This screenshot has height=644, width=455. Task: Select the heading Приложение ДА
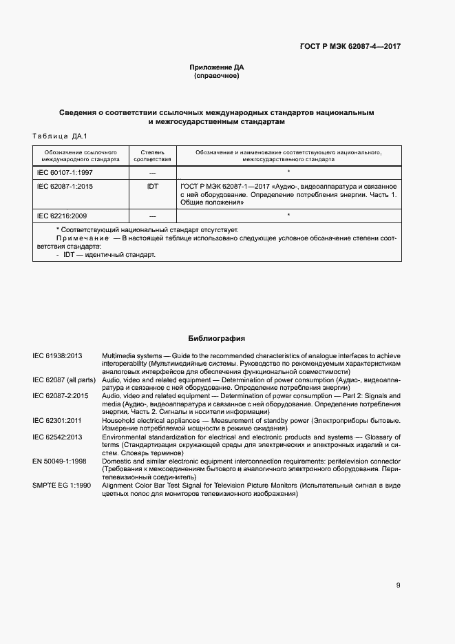(217, 67)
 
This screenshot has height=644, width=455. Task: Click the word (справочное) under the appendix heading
(217, 76)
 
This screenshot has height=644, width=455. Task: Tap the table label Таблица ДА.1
(60, 136)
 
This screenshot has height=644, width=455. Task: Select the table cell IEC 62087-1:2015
(65, 186)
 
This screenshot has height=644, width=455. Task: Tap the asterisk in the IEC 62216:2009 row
(288, 216)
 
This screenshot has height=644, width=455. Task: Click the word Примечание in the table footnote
(78, 238)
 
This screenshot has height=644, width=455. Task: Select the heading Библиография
(217, 338)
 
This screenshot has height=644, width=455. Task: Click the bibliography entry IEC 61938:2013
(58, 355)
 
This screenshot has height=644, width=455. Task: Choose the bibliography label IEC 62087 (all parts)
(64, 380)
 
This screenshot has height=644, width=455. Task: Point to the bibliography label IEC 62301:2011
(58, 420)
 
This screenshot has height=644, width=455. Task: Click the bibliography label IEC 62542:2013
(58, 437)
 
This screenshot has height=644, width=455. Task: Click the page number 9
(398, 585)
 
